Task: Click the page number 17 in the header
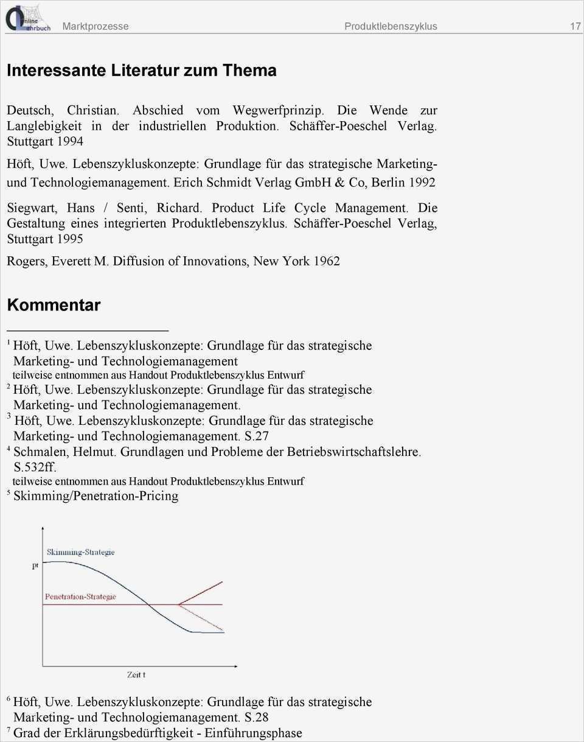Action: [575, 26]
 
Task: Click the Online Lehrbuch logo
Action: [27, 18]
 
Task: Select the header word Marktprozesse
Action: [96, 26]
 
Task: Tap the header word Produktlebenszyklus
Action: [391, 26]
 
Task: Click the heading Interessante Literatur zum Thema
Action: [141, 71]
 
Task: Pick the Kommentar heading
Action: [54, 305]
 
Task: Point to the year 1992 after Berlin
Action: [422, 182]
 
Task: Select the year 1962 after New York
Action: [327, 261]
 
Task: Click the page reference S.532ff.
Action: [35, 467]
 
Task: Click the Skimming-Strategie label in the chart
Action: [80, 552]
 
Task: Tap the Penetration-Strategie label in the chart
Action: [80, 597]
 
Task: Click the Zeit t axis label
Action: [136, 674]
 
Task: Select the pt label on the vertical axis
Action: [35, 565]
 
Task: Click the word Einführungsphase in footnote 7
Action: [253, 733]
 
